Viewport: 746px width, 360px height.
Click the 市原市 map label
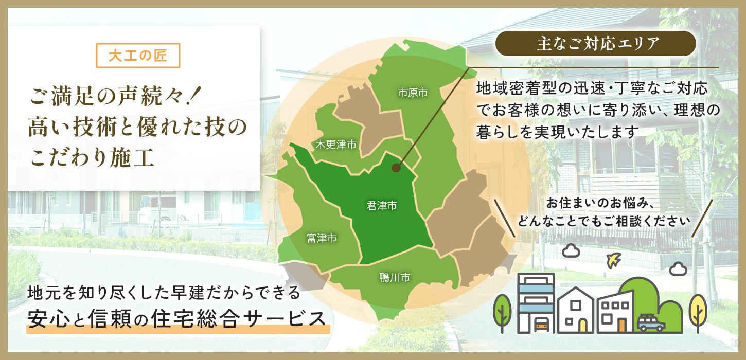click(x=413, y=92)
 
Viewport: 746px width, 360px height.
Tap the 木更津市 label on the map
click(x=336, y=144)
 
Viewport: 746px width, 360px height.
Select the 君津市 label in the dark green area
click(x=382, y=206)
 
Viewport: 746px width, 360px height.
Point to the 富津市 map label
click(x=322, y=238)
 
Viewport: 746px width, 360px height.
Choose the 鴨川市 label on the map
click(x=395, y=277)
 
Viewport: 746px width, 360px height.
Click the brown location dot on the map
click(x=396, y=168)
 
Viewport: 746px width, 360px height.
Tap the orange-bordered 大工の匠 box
click(x=138, y=55)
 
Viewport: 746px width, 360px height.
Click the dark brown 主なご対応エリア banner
click(x=595, y=44)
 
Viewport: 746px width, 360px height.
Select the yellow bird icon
click(x=613, y=260)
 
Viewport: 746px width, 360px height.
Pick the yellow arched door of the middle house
click(x=582, y=326)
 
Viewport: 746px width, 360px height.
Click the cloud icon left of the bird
click(x=571, y=250)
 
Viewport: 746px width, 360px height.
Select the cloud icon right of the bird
click(x=678, y=268)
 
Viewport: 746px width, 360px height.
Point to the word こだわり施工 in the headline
click(x=92, y=157)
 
